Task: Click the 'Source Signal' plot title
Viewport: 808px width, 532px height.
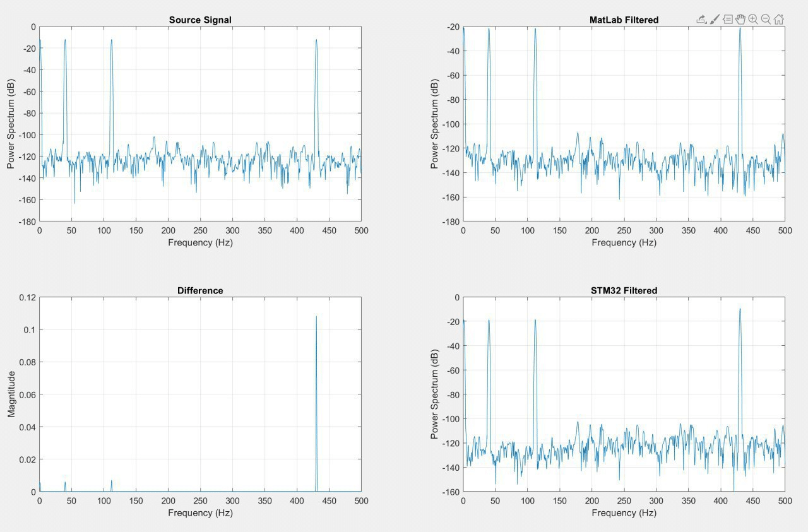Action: click(200, 20)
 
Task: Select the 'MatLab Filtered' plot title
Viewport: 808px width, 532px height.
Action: click(624, 20)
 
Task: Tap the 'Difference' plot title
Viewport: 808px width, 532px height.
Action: click(200, 290)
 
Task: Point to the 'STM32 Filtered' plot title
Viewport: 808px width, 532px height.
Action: click(624, 290)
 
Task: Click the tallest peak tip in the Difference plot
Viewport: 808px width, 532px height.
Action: click(316, 316)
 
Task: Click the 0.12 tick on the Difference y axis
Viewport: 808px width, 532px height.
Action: click(27, 297)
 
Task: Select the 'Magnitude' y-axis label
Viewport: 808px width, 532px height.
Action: click(11, 394)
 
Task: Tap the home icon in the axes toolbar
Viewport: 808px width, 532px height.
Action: click(779, 20)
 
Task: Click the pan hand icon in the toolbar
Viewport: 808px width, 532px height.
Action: click(740, 19)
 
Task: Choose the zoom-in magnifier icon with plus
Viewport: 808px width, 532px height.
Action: click(753, 19)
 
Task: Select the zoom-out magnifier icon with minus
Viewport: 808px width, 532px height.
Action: click(766, 19)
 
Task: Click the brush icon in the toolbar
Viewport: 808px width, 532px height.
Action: click(715, 20)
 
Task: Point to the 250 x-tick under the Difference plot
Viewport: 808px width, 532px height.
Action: click(200, 500)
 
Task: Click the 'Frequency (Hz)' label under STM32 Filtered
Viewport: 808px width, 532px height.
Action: click(624, 513)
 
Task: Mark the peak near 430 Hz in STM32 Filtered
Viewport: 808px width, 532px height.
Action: click(740, 309)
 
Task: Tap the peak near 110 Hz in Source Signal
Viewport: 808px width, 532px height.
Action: click(111, 40)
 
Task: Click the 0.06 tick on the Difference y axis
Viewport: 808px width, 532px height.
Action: click(27, 394)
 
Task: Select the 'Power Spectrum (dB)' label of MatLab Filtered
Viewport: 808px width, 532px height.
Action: click(434, 124)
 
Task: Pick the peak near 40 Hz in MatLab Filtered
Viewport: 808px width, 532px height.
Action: click(489, 28)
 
